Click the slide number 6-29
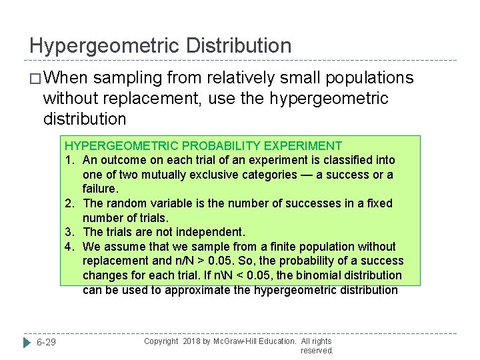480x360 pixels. tap(46, 342)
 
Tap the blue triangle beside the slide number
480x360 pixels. tap(26, 342)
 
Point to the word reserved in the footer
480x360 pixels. tap(317, 350)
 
